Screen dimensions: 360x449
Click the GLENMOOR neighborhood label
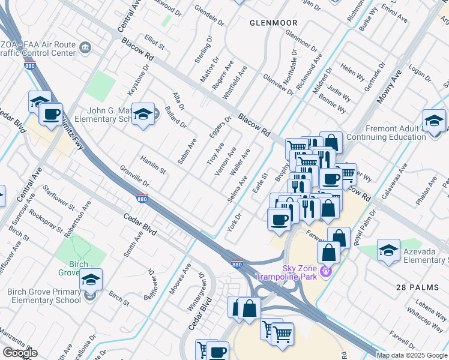tap(274, 23)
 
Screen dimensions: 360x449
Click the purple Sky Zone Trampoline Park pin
tap(326, 271)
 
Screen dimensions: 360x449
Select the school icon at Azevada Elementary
tap(388, 250)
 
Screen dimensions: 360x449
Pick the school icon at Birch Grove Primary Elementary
tap(91, 279)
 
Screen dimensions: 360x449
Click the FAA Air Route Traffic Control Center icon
tap(85, 47)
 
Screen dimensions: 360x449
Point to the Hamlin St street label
tap(152, 164)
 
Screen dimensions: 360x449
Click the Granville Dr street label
tap(134, 176)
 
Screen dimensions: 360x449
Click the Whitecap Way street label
tap(424, 317)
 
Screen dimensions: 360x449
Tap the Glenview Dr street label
tap(279, 85)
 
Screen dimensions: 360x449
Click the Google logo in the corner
tap(20, 353)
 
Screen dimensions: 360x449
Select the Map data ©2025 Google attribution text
tap(412, 355)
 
